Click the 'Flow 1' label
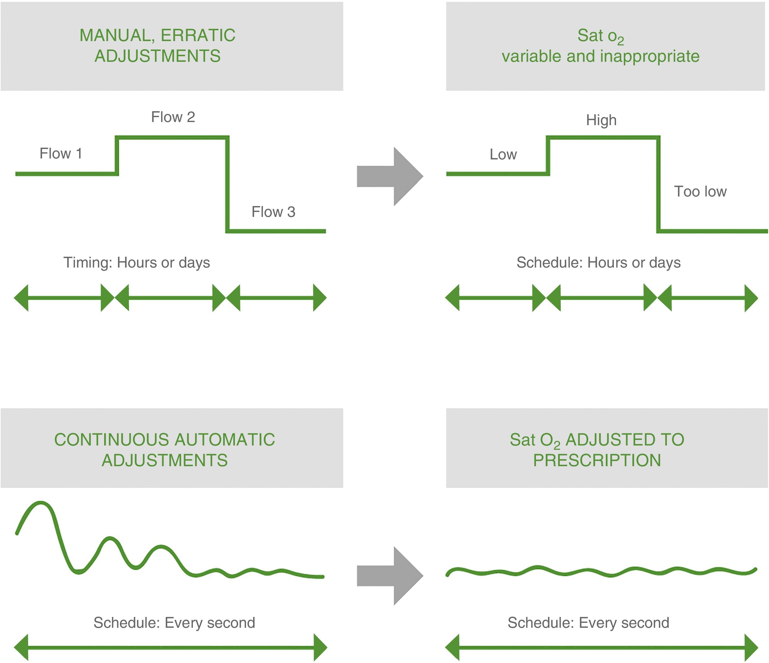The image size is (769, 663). tap(61, 153)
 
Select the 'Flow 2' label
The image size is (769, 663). tap(173, 117)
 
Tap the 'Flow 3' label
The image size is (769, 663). tap(273, 212)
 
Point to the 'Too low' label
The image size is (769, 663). tap(700, 192)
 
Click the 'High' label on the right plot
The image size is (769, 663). tap(601, 120)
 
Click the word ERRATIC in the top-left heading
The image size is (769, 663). tap(198, 35)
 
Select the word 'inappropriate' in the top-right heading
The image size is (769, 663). tap(649, 57)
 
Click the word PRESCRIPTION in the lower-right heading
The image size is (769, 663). tap(597, 460)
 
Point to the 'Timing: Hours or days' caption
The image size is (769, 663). tap(137, 262)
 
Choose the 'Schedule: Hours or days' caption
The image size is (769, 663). tap(598, 262)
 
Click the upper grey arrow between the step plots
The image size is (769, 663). tap(390, 176)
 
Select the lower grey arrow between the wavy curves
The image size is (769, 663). tap(390, 576)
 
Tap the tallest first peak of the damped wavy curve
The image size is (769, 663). tap(40, 504)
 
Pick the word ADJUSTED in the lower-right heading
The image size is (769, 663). tap(625, 440)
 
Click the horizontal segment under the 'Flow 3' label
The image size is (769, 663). tap(277, 231)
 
